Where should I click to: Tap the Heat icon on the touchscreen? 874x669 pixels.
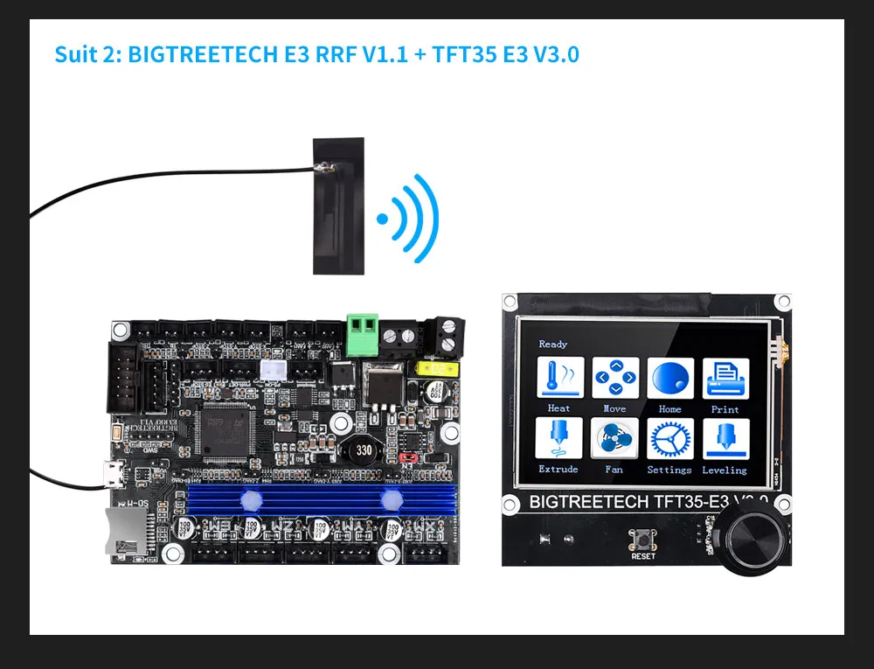(559, 379)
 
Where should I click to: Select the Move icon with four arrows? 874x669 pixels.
(614, 379)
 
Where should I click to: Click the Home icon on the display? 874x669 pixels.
(670, 379)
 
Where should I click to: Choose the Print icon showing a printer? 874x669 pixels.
(725, 379)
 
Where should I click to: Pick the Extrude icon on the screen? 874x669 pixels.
(559, 439)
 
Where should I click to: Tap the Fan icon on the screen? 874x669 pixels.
(614, 439)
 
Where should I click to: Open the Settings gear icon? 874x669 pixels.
(670, 439)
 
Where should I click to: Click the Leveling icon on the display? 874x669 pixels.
(725, 439)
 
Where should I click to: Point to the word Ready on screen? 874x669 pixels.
(553, 344)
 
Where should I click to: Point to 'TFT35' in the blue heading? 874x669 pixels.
(457, 54)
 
